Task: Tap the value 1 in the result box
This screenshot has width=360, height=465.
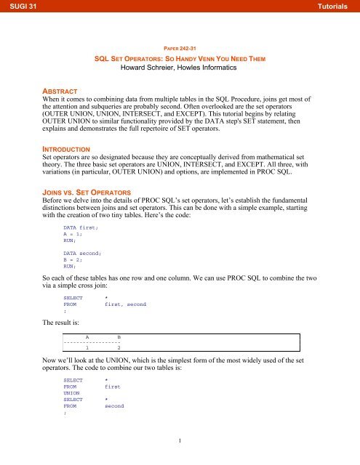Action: coord(87,369)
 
